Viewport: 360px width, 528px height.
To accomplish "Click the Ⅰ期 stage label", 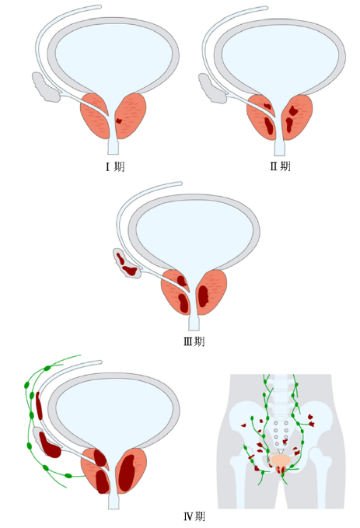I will click(114, 166).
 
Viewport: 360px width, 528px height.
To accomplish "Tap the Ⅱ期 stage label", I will click(280, 166).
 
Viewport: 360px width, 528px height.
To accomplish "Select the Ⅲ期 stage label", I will click(194, 341).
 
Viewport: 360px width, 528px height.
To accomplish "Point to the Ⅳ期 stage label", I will click(194, 516).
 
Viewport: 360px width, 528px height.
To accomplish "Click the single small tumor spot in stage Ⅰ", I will click(118, 121).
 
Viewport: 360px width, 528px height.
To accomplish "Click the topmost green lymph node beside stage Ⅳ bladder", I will click(48, 366).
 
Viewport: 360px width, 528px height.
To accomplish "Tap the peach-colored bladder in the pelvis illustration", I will click(281, 460).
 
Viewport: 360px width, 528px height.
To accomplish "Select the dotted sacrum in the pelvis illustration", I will click(281, 432).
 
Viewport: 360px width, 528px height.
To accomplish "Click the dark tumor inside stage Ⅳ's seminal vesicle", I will click(51, 448).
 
